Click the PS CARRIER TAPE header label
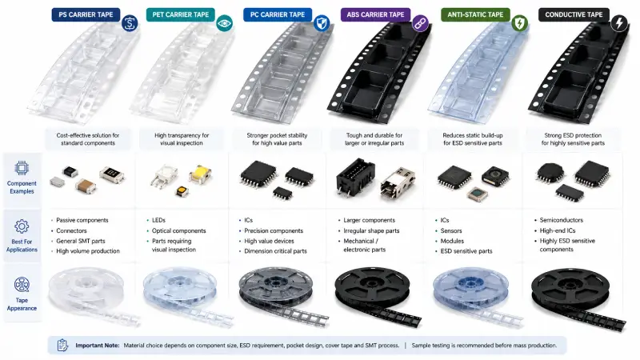pyautogui.click(x=86, y=14)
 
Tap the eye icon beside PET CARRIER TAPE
pyautogui.click(x=224, y=23)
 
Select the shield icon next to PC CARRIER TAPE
pyautogui.click(x=322, y=23)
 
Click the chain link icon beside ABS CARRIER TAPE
pyautogui.click(x=419, y=23)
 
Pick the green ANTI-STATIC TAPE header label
pyautogui.click(x=475, y=14)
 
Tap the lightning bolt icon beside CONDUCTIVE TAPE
pyautogui.click(x=619, y=23)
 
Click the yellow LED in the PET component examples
pyautogui.click(x=200, y=174)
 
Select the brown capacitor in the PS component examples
pyautogui.click(x=86, y=186)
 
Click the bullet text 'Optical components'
pyautogui.click(x=178, y=230)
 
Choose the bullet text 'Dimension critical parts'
pyautogui.click(x=275, y=251)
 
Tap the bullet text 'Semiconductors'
pyautogui.click(x=562, y=220)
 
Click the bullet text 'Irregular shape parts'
pyautogui.click(x=371, y=230)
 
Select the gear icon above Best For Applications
pyautogui.click(x=22, y=226)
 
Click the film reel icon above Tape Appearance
pyautogui.click(x=22, y=285)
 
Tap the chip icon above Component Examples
pyautogui.click(x=22, y=168)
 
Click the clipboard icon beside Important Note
pyautogui.click(x=62, y=345)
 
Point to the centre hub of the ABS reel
pyautogui.click(x=373, y=283)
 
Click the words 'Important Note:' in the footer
pyautogui.click(x=97, y=346)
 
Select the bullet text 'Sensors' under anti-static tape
pyautogui.click(x=451, y=230)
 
